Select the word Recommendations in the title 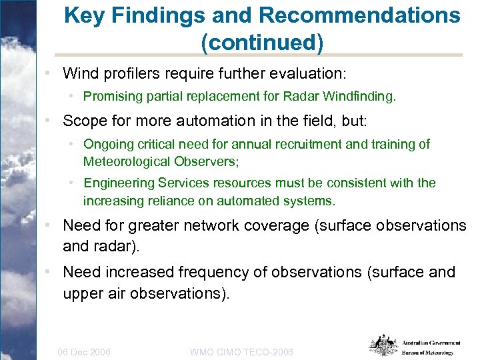point(347,15)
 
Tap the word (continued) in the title point(262,43)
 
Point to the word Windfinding point(363,97)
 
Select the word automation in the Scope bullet point(205,121)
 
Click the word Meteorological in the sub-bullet point(125,161)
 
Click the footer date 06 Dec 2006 point(85,352)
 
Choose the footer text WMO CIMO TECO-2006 point(241,352)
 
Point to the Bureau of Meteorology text point(427,353)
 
